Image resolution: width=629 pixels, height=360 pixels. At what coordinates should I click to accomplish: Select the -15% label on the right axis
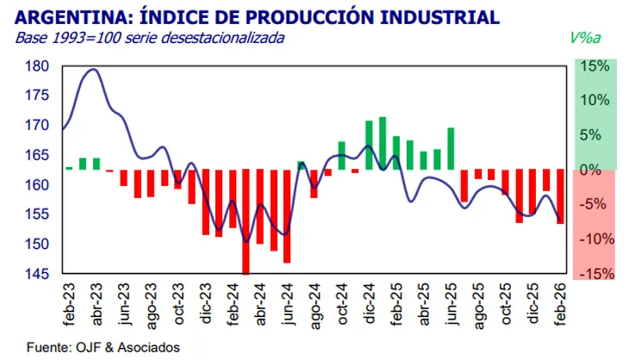596,274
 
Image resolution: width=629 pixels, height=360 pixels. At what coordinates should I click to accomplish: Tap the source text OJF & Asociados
129,348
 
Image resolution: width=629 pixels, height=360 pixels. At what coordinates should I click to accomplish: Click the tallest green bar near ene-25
382,143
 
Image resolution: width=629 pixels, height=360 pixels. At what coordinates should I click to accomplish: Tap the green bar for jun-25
450,148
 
